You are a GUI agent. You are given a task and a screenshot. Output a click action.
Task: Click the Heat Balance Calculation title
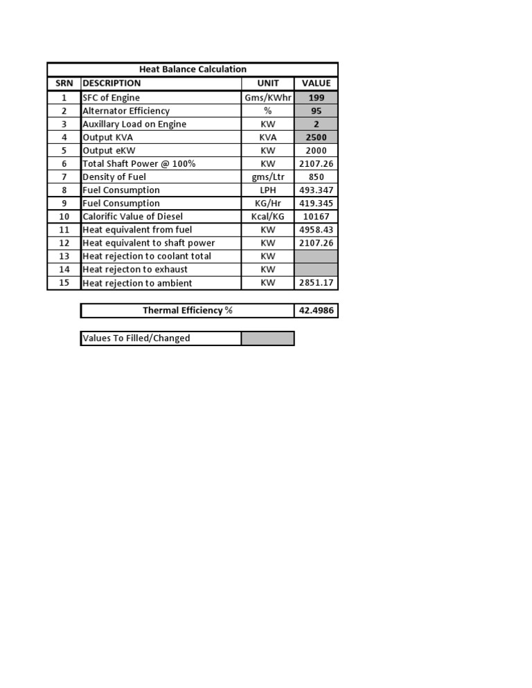tap(193, 69)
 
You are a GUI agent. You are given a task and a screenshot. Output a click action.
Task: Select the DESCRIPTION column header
tap(112, 83)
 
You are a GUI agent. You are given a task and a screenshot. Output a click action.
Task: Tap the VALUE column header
tap(316, 83)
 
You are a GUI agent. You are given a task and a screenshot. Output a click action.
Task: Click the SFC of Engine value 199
tap(316, 98)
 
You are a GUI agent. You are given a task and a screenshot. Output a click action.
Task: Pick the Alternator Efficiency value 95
tap(316, 111)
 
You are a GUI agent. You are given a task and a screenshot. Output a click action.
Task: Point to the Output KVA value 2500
tap(316, 137)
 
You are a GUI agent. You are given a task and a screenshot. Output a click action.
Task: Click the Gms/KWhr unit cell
tap(267, 98)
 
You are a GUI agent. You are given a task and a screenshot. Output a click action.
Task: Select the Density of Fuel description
tap(114, 176)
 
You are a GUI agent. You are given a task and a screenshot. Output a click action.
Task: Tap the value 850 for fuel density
tap(316, 176)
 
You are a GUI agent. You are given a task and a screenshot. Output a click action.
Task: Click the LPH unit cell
tap(267, 190)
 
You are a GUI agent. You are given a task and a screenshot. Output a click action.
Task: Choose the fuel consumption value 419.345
tap(316, 203)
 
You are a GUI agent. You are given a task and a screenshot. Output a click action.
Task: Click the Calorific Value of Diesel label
tap(132, 217)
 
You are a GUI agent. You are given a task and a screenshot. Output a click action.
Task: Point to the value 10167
tap(316, 217)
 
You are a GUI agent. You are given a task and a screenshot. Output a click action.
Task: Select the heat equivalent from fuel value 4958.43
tap(316, 230)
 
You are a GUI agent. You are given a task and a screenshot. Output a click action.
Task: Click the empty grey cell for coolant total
tap(316, 256)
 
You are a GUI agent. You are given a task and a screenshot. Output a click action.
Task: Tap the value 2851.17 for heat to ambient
tap(316, 283)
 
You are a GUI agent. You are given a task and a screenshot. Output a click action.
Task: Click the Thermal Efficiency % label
tap(187, 311)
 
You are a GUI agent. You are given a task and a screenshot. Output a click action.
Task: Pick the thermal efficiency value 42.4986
tap(316, 311)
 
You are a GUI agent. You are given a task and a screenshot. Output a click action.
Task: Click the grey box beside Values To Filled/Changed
tap(267, 338)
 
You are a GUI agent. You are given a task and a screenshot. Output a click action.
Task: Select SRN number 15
tap(64, 283)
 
